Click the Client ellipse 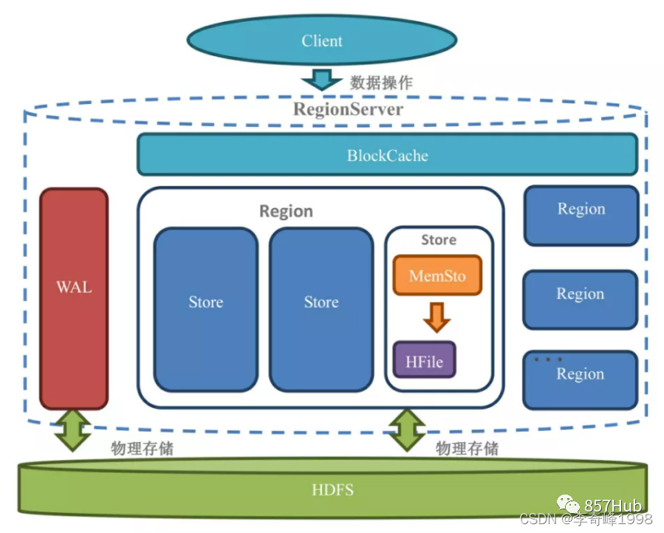click(322, 41)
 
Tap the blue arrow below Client click(322, 78)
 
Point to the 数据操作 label click(381, 82)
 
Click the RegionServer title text click(349, 110)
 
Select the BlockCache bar click(387, 155)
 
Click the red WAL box click(74, 298)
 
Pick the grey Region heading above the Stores click(286, 211)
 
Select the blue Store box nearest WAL click(205, 309)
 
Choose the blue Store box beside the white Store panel click(321, 309)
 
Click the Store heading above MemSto click(439, 240)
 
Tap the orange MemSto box click(437, 276)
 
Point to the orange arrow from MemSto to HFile click(437, 316)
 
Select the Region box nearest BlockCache click(581, 216)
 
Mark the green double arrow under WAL click(74, 429)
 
